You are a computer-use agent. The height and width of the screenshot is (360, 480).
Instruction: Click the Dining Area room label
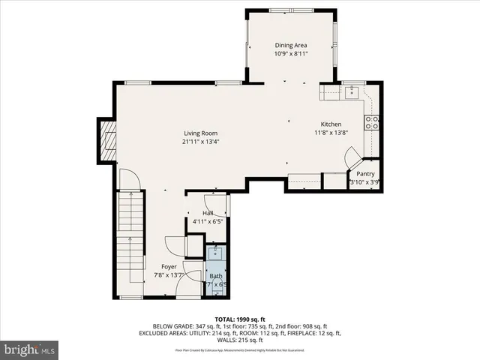point(291,45)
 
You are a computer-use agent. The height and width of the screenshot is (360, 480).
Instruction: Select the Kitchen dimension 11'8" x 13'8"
point(331,133)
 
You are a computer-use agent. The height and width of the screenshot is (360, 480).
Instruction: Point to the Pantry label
point(365,173)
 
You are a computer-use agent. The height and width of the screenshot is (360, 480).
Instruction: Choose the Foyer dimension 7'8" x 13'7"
point(169,275)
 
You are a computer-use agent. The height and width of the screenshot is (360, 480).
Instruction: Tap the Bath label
point(215,276)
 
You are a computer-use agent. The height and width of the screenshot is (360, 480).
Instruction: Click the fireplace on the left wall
point(108,140)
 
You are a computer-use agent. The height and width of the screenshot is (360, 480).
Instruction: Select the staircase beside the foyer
point(130,225)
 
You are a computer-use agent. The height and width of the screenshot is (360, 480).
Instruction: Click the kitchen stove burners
point(371,122)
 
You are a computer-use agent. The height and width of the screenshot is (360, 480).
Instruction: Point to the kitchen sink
point(349,92)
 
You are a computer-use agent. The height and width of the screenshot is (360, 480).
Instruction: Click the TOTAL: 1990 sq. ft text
point(239,319)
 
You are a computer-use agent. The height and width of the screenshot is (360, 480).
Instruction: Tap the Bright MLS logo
point(29,349)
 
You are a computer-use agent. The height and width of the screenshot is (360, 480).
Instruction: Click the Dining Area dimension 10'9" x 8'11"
point(291,54)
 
